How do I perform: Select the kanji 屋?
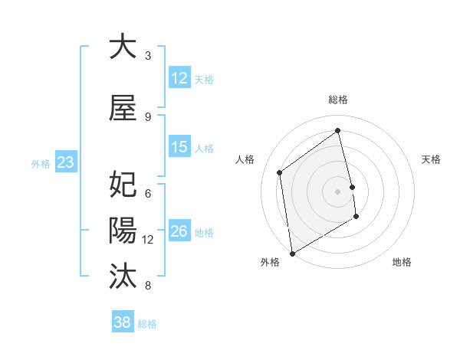coord(123,109)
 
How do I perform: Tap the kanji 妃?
coord(123,185)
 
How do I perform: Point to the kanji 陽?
coord(123,230)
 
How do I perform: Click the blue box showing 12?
coord(179,78)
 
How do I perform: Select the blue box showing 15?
coord(179,147)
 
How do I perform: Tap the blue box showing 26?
coord(179,231)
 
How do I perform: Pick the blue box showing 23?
coord(65,162)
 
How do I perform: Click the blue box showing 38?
coord(123,322)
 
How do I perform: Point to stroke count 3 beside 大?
coord(148,55)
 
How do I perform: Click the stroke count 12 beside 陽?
coord(148,239)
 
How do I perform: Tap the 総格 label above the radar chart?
coord(338,100)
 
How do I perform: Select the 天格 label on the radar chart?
coord(431,159)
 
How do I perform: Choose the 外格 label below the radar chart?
coord(270,262)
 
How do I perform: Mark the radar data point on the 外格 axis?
coord(291,253)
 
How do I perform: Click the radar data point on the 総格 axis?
coord(338,130)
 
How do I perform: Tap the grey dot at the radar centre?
coord(338,191)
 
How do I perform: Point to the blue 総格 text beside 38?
coord(147,324)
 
